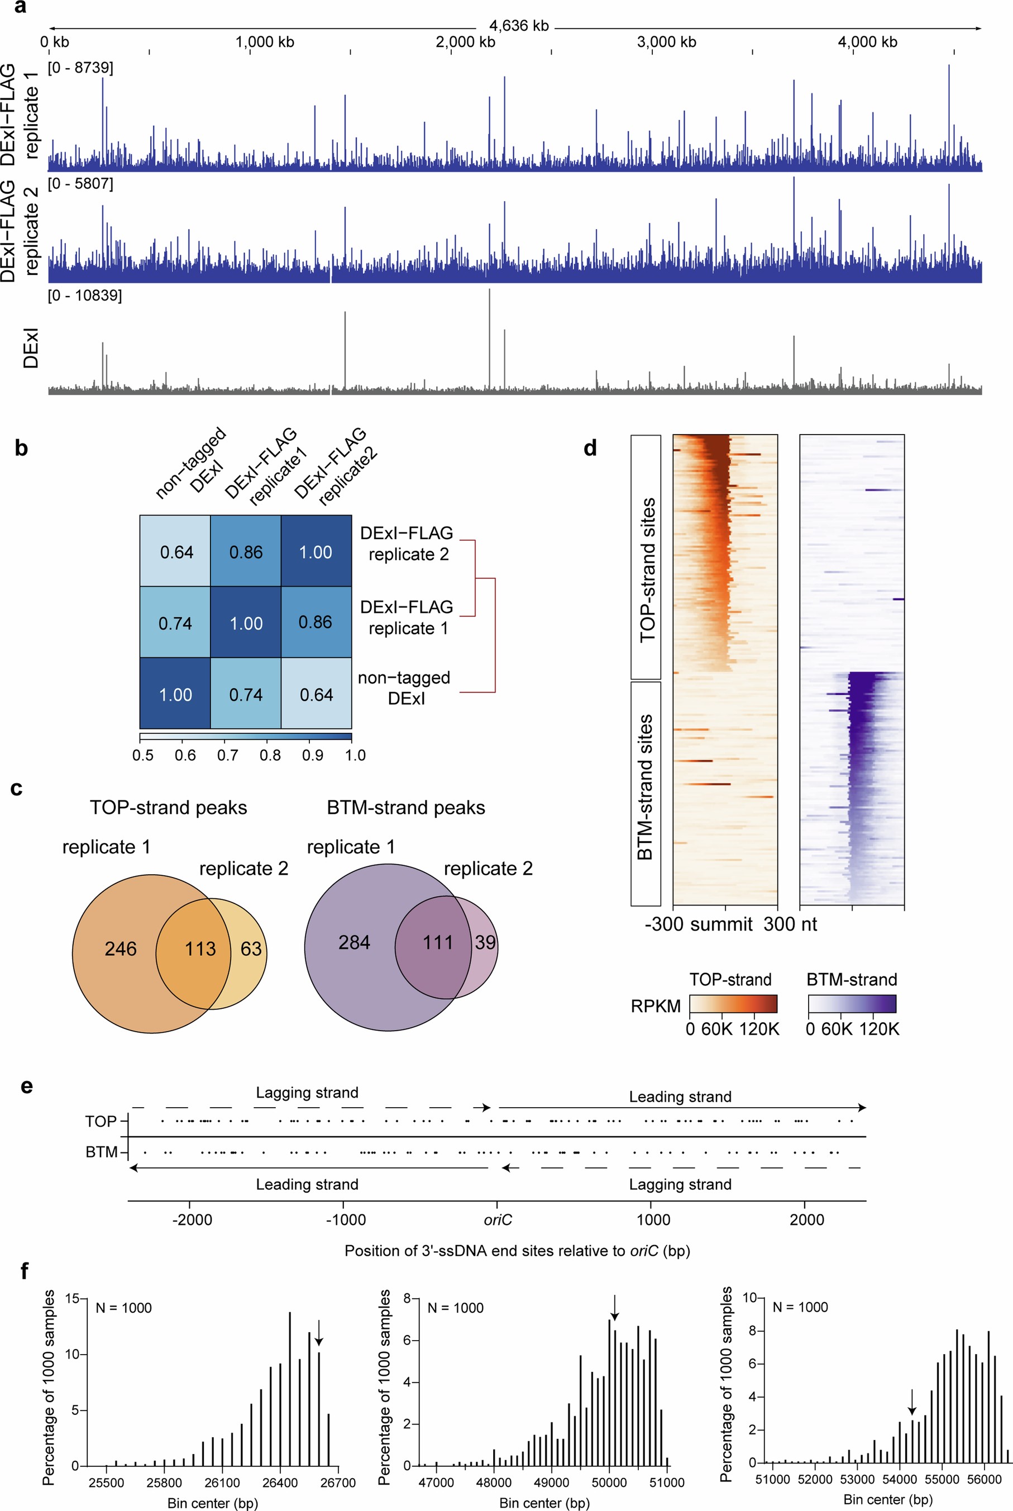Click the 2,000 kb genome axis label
click(465, 42)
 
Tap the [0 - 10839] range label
click(85, 295)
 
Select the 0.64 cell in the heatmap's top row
click(176, 552)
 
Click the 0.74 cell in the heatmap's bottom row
click(246, 695)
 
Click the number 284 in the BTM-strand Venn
click(354, 942)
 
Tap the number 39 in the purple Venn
click(485, 942)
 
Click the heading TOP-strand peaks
click(168, 807)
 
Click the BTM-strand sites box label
click(646, 787)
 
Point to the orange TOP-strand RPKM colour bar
click(733, 1004)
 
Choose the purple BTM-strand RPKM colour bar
click(852, 1004)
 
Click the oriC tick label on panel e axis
click(498, 1219)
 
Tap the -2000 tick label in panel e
click(192, 1219)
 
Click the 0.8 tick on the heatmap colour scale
click(270, 755)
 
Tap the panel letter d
click(590, 448)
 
